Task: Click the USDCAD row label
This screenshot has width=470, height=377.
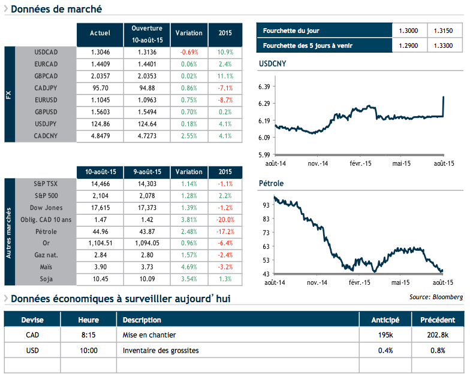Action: pos(46,52)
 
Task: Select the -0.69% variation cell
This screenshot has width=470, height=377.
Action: pos(189,52)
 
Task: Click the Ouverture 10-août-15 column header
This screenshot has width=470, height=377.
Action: pos(146,34)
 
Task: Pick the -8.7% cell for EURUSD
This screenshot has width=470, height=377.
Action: pos(225,100)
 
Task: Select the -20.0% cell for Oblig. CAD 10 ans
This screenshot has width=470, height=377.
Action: pos(225,219)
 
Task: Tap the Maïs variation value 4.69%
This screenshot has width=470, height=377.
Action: pos(189,267)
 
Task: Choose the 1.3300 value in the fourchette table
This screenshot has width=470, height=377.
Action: pos(445,45)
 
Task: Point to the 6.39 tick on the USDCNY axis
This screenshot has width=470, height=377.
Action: pos(264,87)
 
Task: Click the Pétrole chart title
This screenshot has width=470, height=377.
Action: pos(270,183)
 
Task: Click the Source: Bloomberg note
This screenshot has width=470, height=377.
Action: pos(436,296)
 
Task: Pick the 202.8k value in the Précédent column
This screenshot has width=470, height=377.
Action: pos(437,335)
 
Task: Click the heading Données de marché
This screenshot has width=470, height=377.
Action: pos(56,9)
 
